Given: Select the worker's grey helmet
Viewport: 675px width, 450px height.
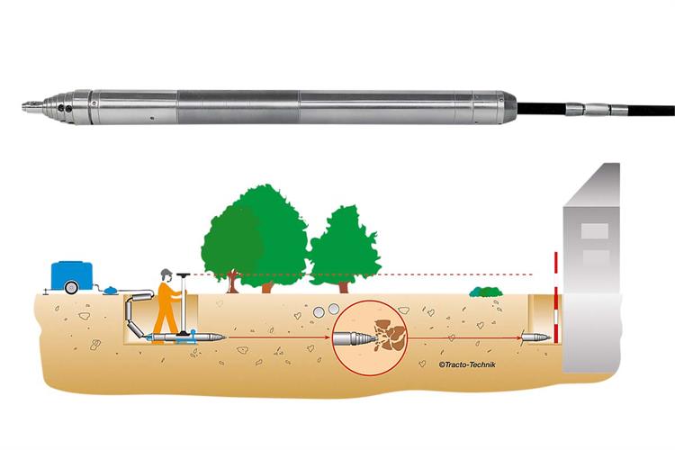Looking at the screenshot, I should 165,273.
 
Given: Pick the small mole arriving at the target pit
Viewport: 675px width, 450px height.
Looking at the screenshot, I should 532,340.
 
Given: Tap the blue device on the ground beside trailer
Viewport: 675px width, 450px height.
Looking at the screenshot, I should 106,289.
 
